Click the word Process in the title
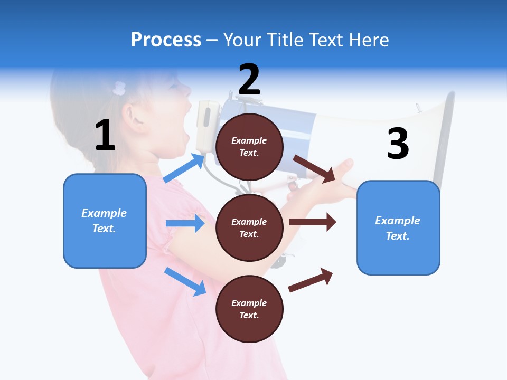[166, 40]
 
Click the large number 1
[105, 135]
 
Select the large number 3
[398, 144]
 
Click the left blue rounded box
[105, 221]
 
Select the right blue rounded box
[398, 227]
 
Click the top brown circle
[249, 147]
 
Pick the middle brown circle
[249, 227]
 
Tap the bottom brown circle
[249, 309]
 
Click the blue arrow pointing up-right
[184, 168]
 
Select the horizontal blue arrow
[185, 223]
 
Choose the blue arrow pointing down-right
[185, 281]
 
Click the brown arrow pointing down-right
[314, 168]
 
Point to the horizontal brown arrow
[313, 222]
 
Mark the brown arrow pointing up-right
[311, 280]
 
